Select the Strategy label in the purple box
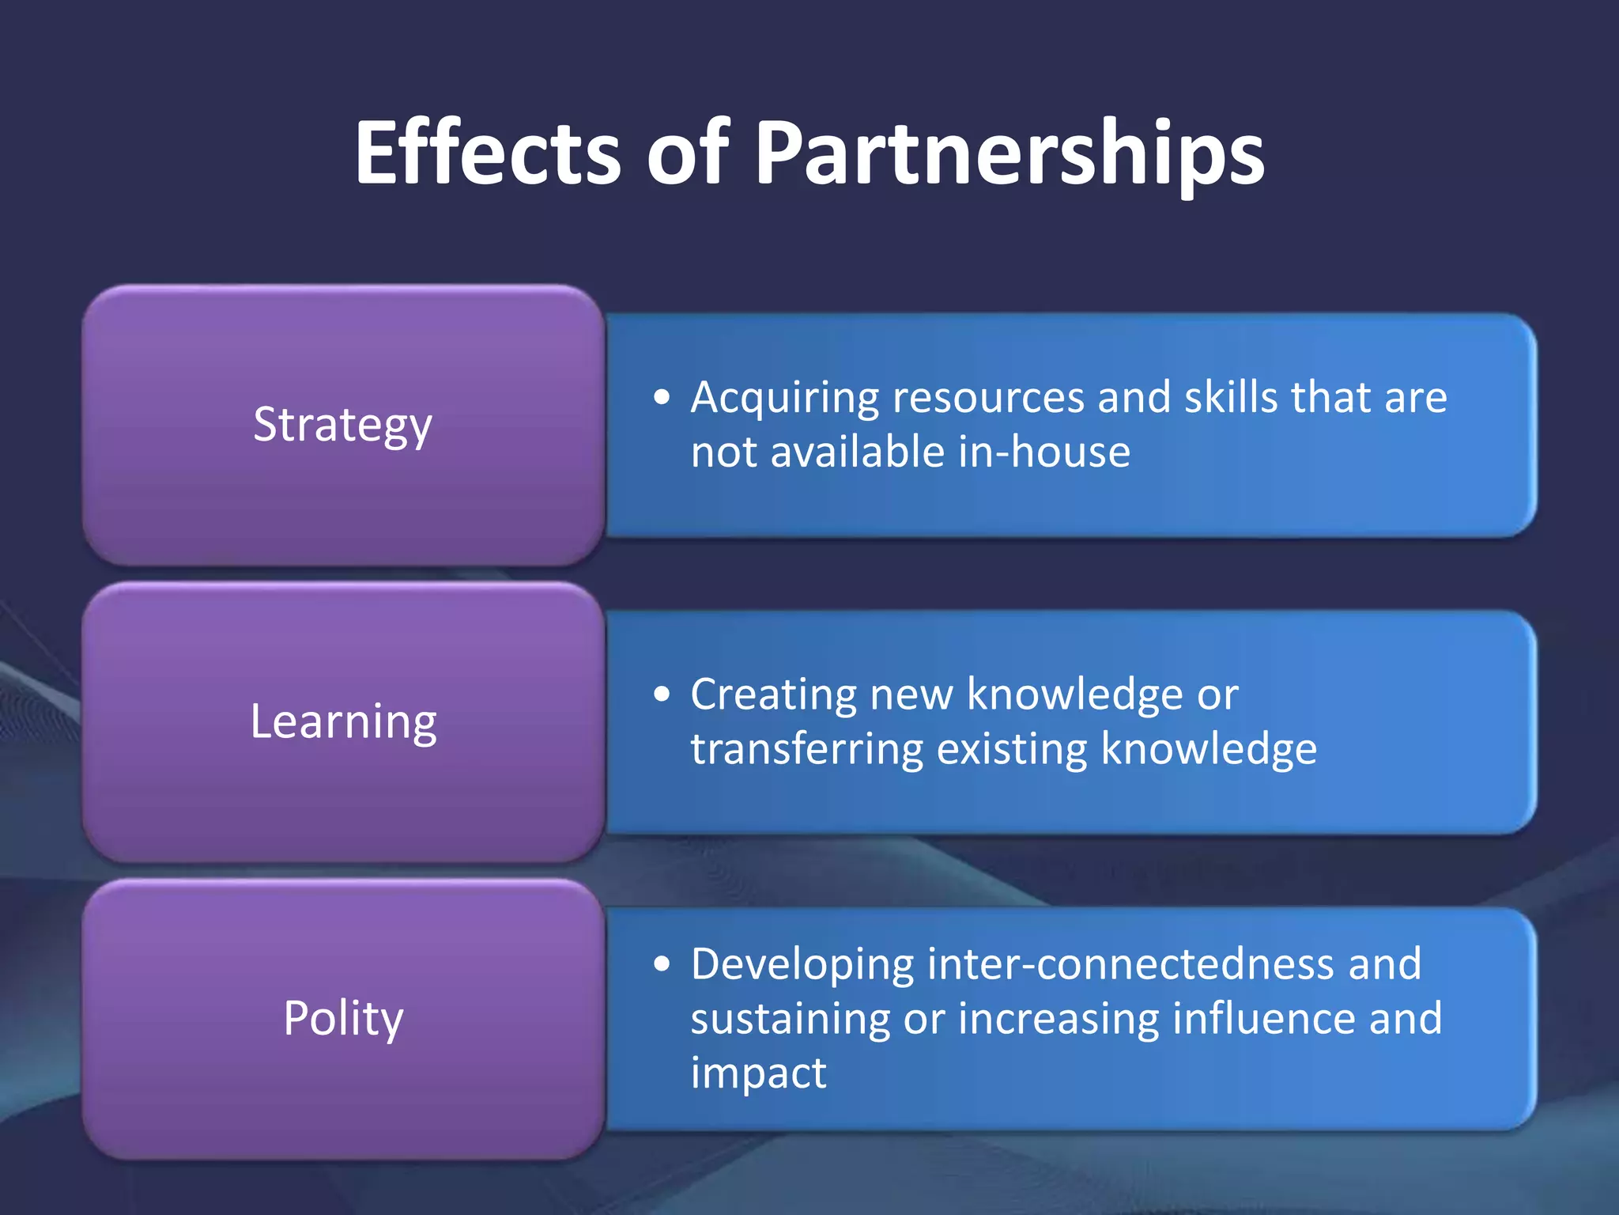[342, 425]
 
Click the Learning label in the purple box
[343, 721]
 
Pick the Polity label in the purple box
[343, 1018]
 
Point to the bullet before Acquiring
[662, 397]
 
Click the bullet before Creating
[662, 695]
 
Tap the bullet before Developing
[662, 963]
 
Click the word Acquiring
[784, 398]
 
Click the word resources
[987, 398]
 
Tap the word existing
[1011, 749]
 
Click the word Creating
[772, 695]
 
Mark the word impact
[758, 1073]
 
